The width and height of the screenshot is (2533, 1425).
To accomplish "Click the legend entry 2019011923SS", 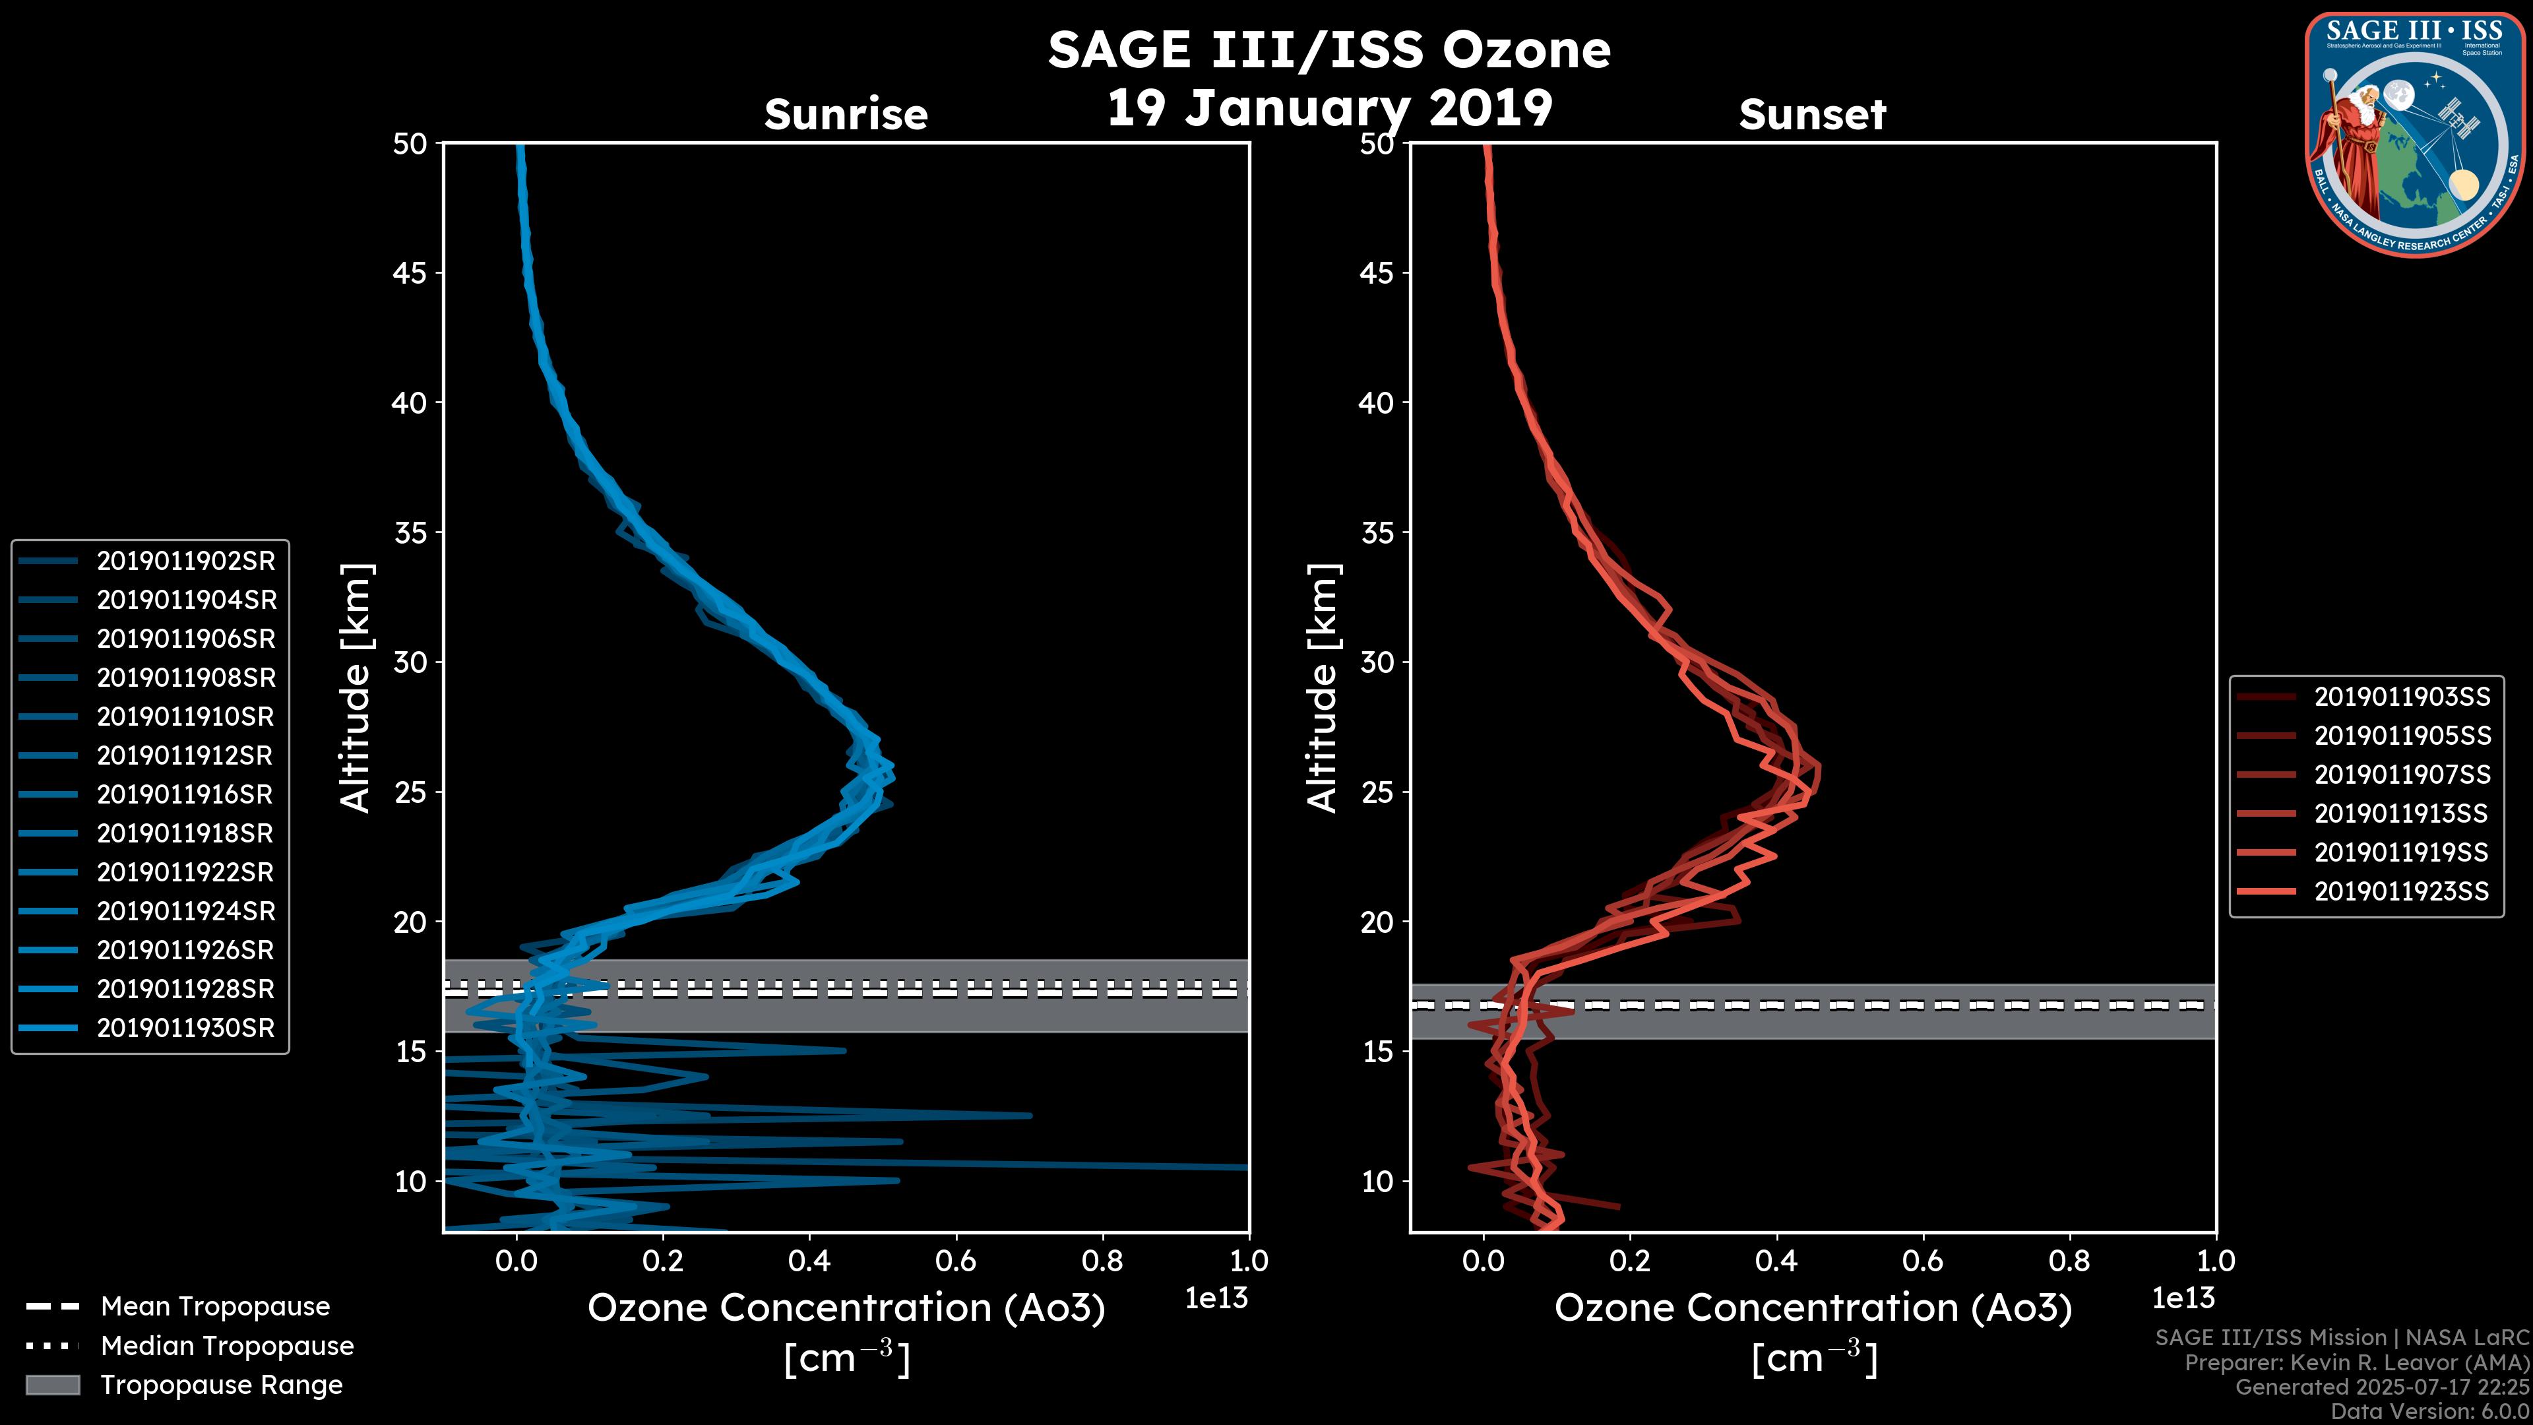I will pyautogui.click(x=2401, y=892).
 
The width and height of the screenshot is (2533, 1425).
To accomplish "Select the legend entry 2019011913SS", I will pyautogui.click(x=2401, y=814).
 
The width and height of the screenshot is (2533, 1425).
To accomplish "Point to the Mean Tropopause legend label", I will pyautogui.click(x=215, y=1307).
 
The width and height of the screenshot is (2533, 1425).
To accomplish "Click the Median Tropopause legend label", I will pyautogui.click(x=227, y=1346).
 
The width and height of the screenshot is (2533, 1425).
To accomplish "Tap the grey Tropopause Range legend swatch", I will pyautogui.click(x=53, y=1385).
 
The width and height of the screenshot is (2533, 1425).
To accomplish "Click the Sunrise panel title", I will pyautogui.click(x=846, y=115).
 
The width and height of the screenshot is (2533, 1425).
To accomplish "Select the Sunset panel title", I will pyautogui.click(x=1812, y=115).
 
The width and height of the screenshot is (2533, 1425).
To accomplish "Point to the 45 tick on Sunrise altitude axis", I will pyautogui.click(x=410, y=273).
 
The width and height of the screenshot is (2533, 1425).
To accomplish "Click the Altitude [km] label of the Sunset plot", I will pyautogui.click(x=1323, y=688).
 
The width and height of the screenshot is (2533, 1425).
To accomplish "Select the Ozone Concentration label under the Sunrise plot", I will pyautogui.click(x=846, y=1308).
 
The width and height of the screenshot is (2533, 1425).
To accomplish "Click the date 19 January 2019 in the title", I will pyautogui.click(x=1329, y=108).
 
